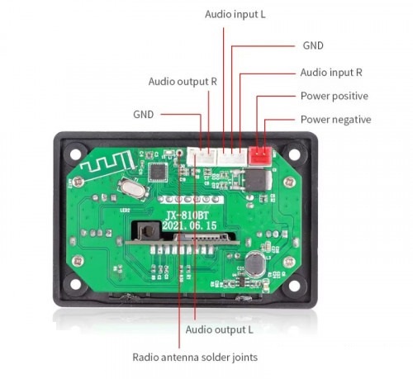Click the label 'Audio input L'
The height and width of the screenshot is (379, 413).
pos(235,14)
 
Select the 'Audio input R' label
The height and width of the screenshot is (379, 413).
pos(331,73)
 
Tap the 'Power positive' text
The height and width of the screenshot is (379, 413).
pos(335,96)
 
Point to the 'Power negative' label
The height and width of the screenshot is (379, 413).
pos(335,120)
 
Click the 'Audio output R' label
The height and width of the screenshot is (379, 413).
pos(183,82)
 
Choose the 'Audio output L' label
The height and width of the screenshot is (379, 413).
pos(219,329)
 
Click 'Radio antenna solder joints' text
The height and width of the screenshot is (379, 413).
pos(195,357)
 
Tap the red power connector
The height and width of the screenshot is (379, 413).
pos(260,155)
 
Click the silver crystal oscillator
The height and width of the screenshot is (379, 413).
pos(131,187)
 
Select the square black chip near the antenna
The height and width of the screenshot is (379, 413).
pos(158,173)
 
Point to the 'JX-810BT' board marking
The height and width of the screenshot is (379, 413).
pos(187,215)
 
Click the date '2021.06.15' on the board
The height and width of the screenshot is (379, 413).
pos(189,225)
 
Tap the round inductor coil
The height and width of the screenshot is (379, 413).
pos(255,263)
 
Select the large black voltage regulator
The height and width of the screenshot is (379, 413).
pos(256,180)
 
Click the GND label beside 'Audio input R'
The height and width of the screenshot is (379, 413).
pos(313,45)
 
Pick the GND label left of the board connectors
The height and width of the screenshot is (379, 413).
pos(143,114)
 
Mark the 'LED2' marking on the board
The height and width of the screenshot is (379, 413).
pos(125,211)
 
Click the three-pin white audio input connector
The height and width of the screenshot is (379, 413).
pos(232,157)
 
